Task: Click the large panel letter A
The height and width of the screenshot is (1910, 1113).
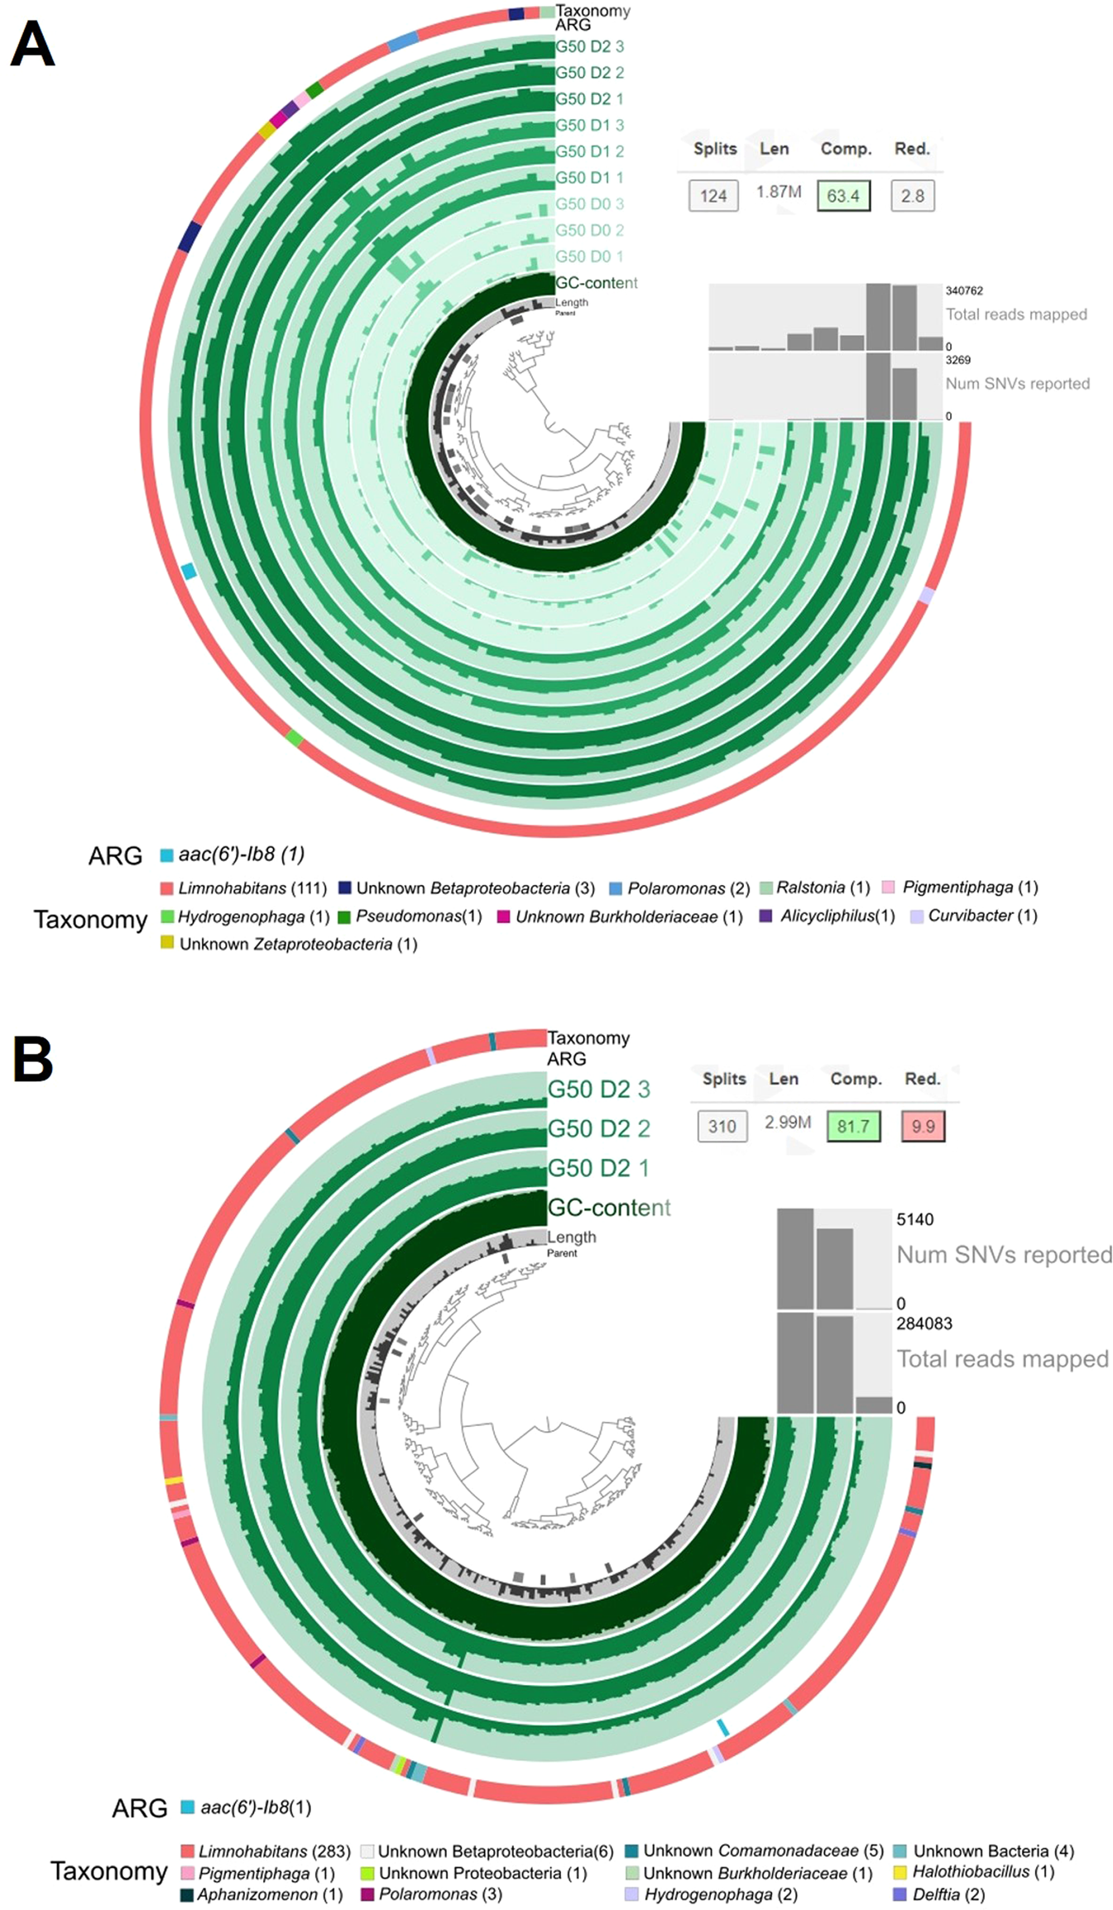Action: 32,45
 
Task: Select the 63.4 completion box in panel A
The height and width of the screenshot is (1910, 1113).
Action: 843,196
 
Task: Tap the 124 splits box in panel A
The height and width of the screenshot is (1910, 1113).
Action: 713,196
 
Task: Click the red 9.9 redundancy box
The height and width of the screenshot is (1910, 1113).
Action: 923,1127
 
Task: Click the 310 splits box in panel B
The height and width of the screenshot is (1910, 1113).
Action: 722,1127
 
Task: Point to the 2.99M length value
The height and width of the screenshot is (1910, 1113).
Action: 787,1123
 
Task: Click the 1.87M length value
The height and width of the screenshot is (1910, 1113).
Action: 778,192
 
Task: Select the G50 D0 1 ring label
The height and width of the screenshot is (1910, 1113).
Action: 589,256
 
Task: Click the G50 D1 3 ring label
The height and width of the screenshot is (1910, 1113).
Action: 589,125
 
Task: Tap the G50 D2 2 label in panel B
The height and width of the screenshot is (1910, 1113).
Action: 598,1129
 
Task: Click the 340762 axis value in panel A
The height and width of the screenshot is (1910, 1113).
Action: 964,291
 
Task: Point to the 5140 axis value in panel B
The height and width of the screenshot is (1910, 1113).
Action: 914,1219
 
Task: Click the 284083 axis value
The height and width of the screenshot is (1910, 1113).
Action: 924,1324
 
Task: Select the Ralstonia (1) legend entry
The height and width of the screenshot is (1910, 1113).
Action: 823,888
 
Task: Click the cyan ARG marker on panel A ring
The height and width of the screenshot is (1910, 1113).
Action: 189,571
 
